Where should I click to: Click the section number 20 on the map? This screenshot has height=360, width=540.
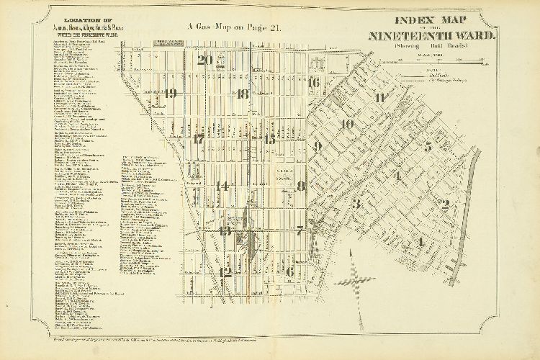click(205, 60)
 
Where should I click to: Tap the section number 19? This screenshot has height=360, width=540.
click(170, 94)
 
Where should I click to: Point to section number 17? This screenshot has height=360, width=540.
click(199, 139)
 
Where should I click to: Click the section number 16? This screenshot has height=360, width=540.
click(313, 83)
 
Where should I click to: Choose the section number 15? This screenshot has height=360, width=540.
click(269, 140)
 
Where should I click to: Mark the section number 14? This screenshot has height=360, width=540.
click(223, 186)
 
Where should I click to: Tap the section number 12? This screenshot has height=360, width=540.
click(225, 272)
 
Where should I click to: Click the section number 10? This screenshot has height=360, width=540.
click(348, 125)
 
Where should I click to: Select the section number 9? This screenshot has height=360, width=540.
click(317, 147)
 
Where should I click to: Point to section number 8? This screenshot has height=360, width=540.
click(302, 186)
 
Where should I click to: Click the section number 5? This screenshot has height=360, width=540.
click(428, 147)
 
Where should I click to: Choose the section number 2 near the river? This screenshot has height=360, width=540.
click(445, 204)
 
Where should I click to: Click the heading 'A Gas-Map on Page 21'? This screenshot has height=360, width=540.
click(235, 27)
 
